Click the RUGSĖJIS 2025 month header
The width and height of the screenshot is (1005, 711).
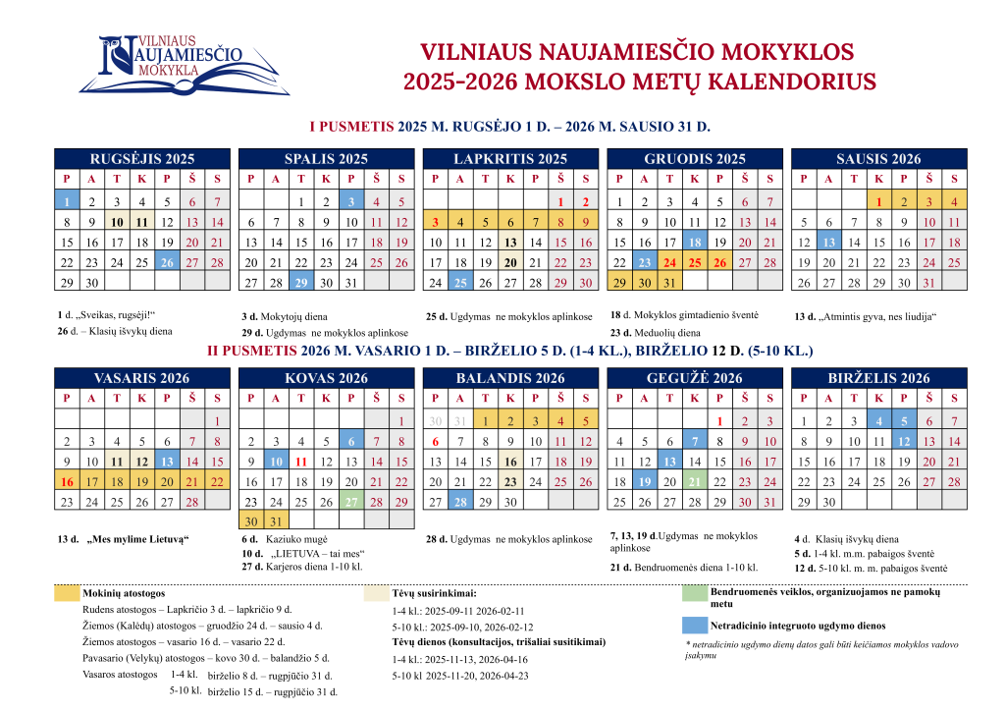(142, 158)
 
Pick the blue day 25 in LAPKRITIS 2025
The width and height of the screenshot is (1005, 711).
(459, 283)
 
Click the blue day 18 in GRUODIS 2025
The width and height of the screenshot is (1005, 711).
(694, 242)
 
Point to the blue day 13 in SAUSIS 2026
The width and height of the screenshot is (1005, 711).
(828, 242)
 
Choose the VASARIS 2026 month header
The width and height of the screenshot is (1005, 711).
(142, 378)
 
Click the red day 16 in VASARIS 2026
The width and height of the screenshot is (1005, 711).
(67, 481)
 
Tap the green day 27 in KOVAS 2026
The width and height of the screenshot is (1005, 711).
(350, 502)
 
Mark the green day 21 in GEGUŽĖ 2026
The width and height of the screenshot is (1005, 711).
(694, 481)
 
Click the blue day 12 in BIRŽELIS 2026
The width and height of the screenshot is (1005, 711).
(904, 440)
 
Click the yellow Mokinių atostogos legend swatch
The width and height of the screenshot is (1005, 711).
(67, 593)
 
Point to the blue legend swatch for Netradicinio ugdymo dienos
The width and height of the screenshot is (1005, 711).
(694, 625)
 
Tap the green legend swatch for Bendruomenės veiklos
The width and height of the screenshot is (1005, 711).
(694, 593)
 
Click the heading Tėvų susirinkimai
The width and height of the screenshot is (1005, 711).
(434, 593)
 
